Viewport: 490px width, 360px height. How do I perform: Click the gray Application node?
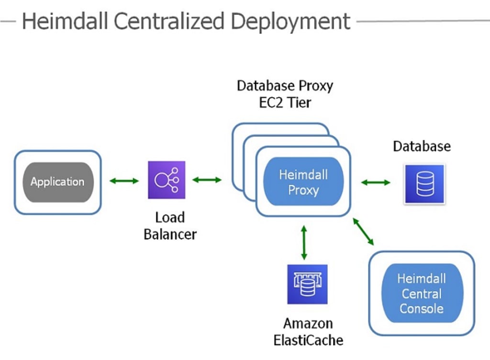click(x=58, y=182)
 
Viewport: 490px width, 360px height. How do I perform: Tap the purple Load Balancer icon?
click(x=167, y=180)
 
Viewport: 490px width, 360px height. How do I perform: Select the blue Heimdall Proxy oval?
click(x=303, y=181)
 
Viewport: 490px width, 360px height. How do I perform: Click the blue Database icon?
click(x=424, y=184)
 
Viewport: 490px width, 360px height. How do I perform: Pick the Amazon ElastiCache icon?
click(x=308, y=284)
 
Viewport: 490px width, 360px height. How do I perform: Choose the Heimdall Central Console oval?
click(x=422, y=293)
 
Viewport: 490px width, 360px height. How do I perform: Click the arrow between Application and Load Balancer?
click(x=124, y=180)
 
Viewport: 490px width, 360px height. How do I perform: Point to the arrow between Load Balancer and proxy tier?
click(x=207, y=180)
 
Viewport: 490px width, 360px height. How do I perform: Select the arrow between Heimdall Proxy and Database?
click(x=376, y=182)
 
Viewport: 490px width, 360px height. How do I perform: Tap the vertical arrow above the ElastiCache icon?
click(x=304, y=243)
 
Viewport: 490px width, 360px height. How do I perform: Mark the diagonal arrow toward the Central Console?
click(x=363, y=231)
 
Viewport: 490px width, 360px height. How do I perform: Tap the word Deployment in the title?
click(x=290, y=22)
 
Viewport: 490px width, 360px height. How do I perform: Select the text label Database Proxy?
click(x=285, y=86)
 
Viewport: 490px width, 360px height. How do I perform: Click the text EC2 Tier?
click(x=285, y=102)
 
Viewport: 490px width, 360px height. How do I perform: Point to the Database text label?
click(x=422, y=146)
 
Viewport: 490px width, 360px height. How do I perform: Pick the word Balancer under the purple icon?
click(x=170, y=235)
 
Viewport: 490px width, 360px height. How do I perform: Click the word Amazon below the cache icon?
click(x=308, y=324)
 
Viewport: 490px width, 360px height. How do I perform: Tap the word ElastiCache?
click(x=309, y=340)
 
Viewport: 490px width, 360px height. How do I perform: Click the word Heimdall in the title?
click(x=65, y=21)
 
